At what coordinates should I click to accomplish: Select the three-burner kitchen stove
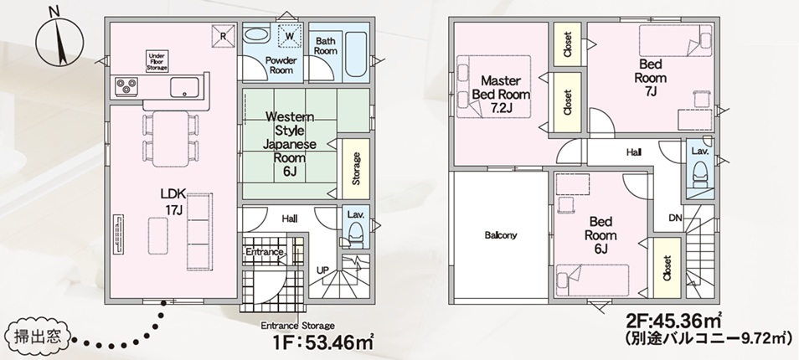pyautogui.click(x=124, y=86)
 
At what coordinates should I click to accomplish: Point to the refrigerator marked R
pyautogui.click(x=223, y=36)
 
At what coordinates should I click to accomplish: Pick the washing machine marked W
pyautogui.click(x=290, y=36)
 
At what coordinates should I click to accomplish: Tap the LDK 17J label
pyautogui.click(x=172, y=201)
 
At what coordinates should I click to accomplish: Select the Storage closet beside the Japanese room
pyautogui.click(x=356, y=168)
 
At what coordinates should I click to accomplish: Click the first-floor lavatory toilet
pyautogui.click(x=356, y=235)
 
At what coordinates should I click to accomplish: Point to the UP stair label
pyautogui.click(x=322, y=270)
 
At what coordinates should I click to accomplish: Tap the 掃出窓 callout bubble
pyautogui.click(x=37, y=337)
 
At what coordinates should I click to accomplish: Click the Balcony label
pyautogui.click(x=500, y=235)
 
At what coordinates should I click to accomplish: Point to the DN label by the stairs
pyautogui.click(x=676, y=219)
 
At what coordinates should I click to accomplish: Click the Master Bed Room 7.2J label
pyautogui.click(x=501, y=95)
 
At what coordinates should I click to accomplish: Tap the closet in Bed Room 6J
pyautogui.click(x=667, y=269)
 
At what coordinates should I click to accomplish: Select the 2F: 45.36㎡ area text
pyautogui.click(x=673, y=321)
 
